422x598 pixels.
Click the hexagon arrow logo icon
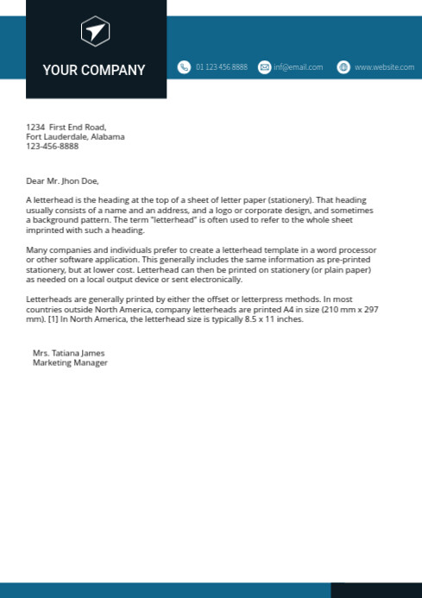tap(95, 33)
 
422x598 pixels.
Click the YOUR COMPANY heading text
tap(94, 70)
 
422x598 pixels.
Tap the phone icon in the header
tap(184, 67)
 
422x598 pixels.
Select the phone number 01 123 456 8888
tap(221, 67)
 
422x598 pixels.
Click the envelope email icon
tap(264, 67)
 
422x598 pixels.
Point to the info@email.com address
tap(299, 67)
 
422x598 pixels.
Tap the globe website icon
tap(343, 67)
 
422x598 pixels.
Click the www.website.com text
tap(384, 67)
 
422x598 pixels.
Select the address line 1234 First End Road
tap(66, 127)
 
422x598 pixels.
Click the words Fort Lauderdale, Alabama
tap(75, 136)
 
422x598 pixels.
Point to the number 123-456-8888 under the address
tap(52, 146)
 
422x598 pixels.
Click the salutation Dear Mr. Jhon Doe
tap(63, 181)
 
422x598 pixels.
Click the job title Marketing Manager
tap(70, 362)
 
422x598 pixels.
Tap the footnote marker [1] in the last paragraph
tap(59, 318)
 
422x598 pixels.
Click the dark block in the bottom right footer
tap(375, 590)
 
